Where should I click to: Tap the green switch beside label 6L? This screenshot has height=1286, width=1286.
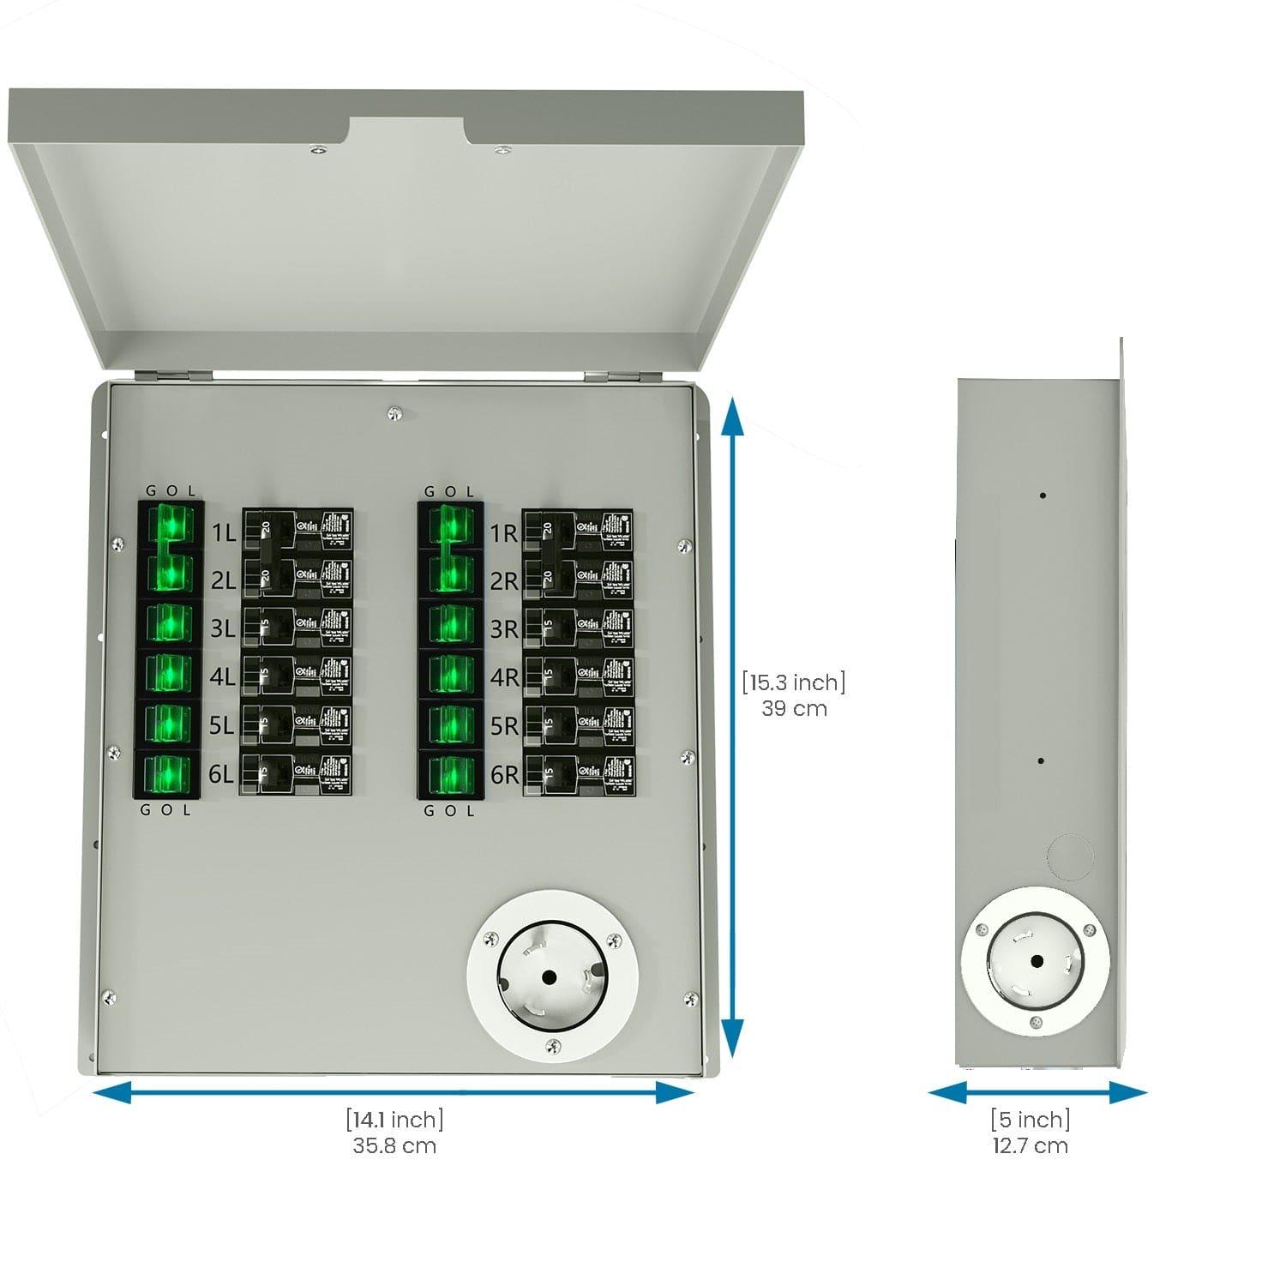pyautogui.click(x=167, y=775)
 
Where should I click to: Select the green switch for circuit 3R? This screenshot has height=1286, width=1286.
pyautogui.click(x=450, y=624)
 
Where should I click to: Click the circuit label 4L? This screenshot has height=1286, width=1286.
pyautogui.click(x=222, y=677)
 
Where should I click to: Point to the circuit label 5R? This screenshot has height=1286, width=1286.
pyautogui.click(x=504, y=726)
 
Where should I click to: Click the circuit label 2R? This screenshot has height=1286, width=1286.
pyautogui.click(x=504, y=581)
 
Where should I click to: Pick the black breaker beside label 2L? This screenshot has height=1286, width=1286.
pyautogui.click(x=297, y=580)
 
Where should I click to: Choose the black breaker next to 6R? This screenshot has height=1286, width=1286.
pyautogui.click(x=578, y=775)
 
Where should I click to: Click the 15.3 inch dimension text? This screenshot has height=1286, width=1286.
pyautogui.click(x=794, y=682)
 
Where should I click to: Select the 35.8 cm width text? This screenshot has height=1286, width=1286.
pyautogui.click(x=394, y=1145)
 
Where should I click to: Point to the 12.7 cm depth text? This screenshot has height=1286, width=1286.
pyautogui.click(x=1031, y=1145)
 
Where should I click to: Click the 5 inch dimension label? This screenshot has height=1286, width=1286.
pyautogui.click(x=1031, y=1120)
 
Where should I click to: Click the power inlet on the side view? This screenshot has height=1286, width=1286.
pyautogui.click(x=1036, y=962)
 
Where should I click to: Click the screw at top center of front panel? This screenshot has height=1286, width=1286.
pyautogui.click(x=394, y=413)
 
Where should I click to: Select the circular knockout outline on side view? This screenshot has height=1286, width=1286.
pyautogui.click(x=1070, y=856)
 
